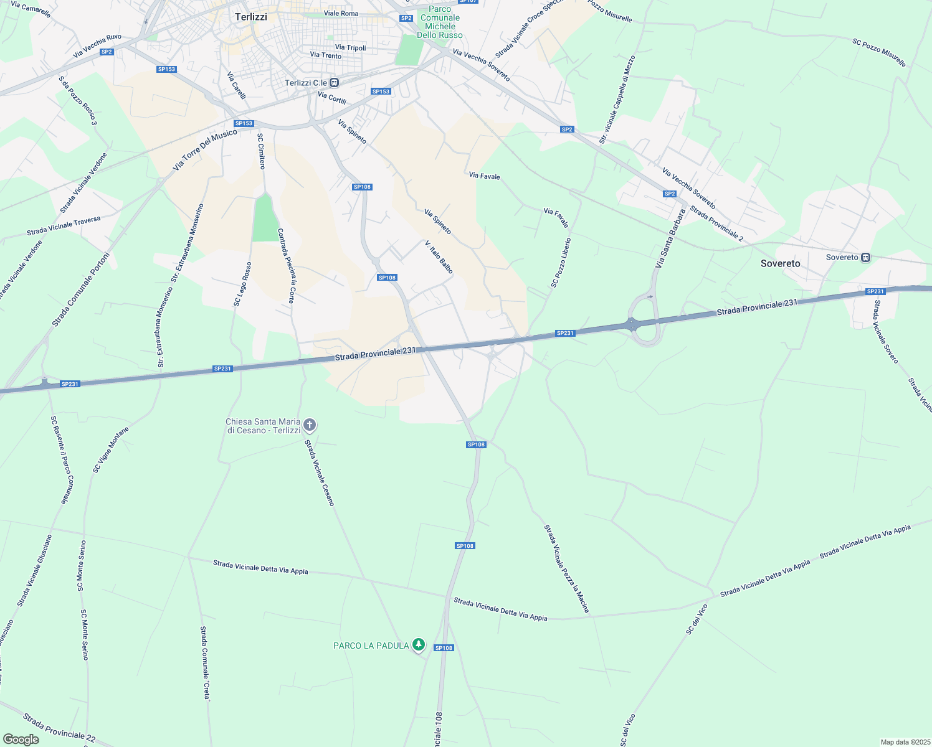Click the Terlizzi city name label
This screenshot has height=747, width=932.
coord(251,17)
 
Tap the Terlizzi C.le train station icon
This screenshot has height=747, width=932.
coord(335,83)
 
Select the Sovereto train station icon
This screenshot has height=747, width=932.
coord(865,257)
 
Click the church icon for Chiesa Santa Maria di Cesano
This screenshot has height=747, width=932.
coord(310,425)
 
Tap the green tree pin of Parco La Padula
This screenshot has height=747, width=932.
coord(419,645)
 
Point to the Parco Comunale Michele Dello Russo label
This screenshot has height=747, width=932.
coord(440,22)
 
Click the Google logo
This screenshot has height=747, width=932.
coord(21,740)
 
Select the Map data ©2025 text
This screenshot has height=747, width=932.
coord(905,742)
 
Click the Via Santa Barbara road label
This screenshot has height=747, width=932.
coord(670,239)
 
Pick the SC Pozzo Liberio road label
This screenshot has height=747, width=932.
coord(561,263)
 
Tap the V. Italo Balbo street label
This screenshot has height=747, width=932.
coord(439,257)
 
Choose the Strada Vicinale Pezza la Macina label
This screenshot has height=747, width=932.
coord(566,568)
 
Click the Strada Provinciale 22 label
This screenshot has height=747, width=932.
coord(59,728)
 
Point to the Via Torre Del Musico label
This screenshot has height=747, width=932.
coord(205,150)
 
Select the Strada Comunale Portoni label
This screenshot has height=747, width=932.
coord(80,289)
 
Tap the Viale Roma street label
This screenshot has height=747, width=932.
coord(341,13)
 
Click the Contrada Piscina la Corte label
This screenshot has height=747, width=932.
coord(286,265)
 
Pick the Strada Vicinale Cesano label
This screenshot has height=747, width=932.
coord(320,473)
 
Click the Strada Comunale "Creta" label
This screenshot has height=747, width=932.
coord(205,664)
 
